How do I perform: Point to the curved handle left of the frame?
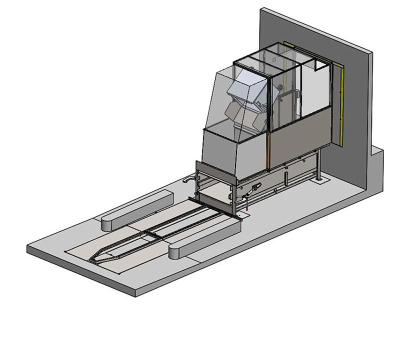[x=189, y=178]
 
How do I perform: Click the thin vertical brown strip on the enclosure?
[x=269, y=150]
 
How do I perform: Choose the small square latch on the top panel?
[x=273, y=58]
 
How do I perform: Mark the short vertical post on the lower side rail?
[x=284, y=177]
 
